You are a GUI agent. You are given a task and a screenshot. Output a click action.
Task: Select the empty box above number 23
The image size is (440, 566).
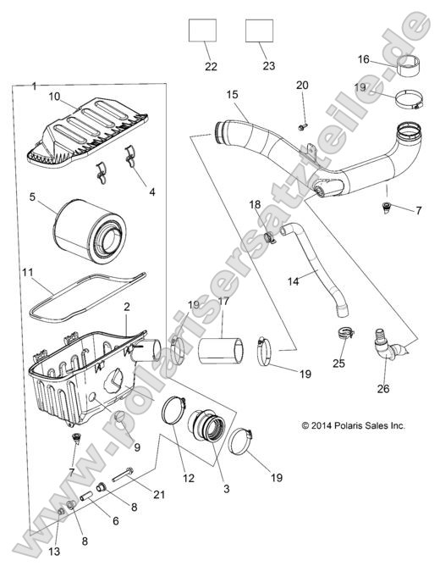[x=259, y=31]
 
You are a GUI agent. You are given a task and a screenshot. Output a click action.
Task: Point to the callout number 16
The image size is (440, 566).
[x=364, y=59]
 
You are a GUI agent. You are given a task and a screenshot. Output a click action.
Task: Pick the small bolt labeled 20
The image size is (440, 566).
[x=302, y=126]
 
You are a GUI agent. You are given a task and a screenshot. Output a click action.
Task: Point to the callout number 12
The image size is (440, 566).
[x=188, y=479]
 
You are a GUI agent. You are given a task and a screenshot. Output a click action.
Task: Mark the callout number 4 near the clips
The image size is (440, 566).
[x=151, y=191]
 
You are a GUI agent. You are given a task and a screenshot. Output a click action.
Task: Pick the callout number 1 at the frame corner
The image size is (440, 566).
[x=33, y=86]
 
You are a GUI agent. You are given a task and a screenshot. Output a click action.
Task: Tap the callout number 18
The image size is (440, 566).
[x=254, y=205]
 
